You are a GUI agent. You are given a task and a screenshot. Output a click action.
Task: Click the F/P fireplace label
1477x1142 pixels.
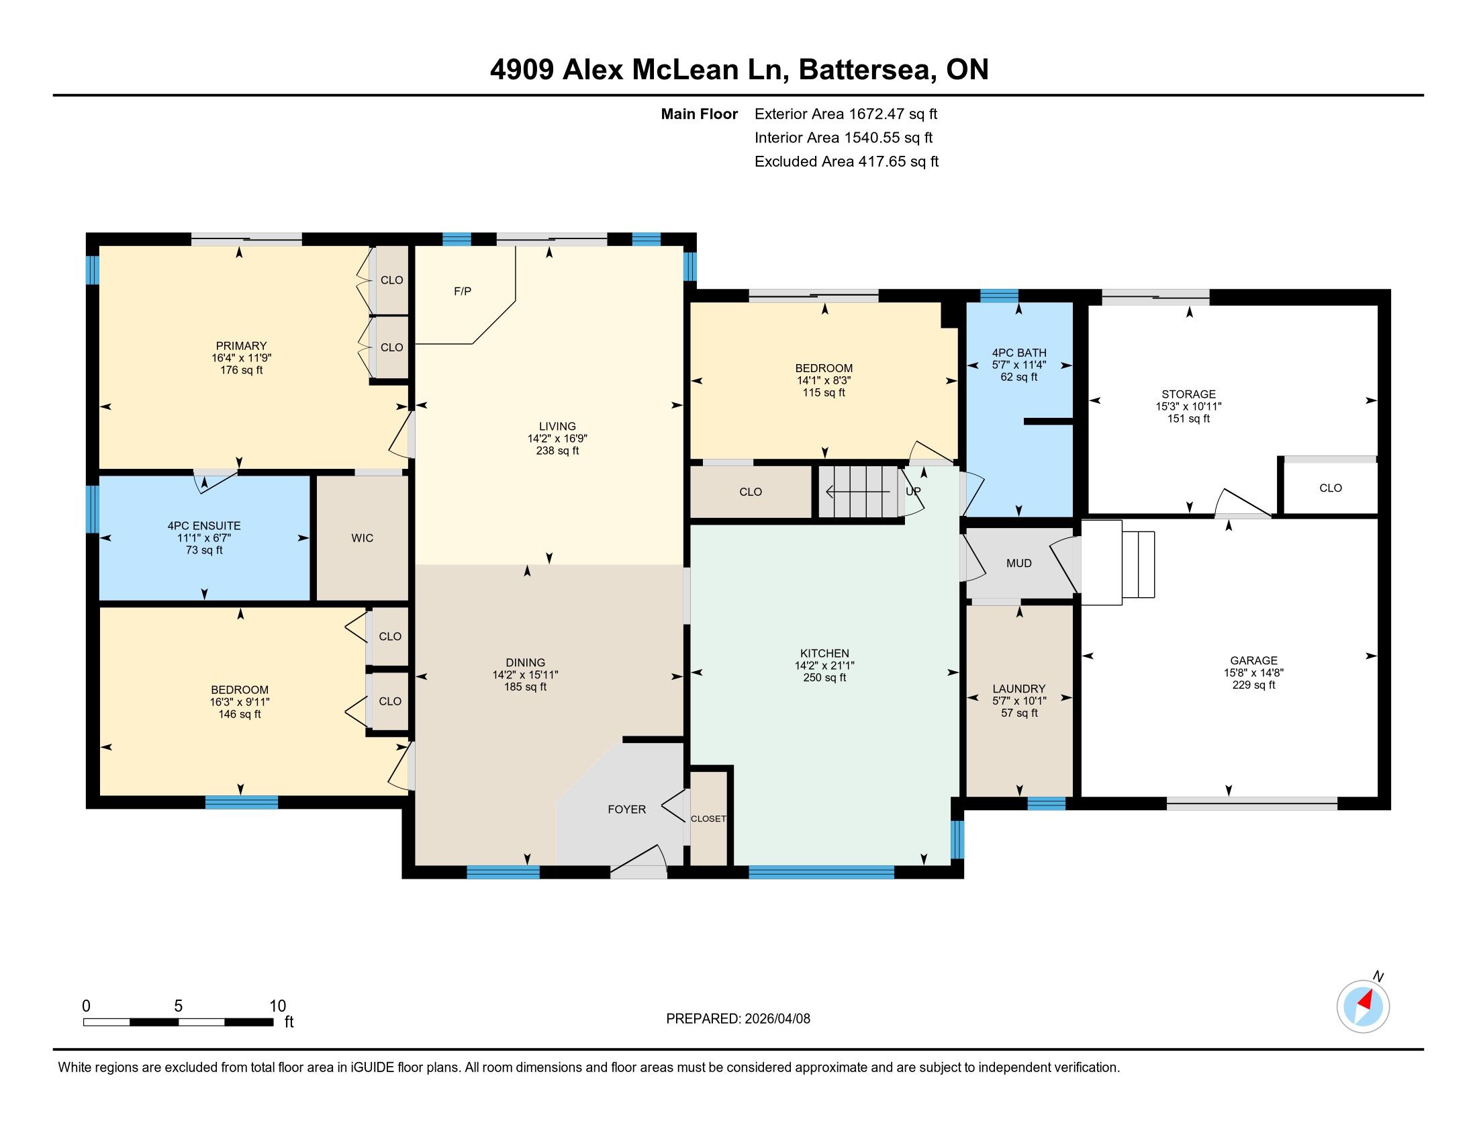pos(463,292)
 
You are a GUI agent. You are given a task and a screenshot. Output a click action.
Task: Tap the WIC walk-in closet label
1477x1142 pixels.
pos(363,538)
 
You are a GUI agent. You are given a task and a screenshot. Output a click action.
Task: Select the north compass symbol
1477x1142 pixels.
pos(1363,1006)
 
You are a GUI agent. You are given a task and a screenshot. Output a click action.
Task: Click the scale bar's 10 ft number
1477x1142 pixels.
pos(278,1006)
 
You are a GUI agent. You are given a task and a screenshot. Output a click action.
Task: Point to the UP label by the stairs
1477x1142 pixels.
pos(913,491)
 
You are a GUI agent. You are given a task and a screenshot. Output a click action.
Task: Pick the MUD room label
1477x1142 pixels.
pos(1019,563)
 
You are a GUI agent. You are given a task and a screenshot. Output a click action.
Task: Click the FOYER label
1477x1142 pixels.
pos(627,809)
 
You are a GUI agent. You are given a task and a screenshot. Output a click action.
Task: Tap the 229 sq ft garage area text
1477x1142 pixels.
pos(1254,685)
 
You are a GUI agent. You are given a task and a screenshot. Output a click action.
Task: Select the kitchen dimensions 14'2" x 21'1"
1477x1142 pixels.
pos(824,666)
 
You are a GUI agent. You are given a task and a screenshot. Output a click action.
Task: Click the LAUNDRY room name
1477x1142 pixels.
pos(1019,689)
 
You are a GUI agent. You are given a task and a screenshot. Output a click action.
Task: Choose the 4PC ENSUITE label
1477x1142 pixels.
pos(204,526)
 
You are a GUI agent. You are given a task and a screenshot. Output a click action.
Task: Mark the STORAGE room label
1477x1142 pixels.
pos(1189,394)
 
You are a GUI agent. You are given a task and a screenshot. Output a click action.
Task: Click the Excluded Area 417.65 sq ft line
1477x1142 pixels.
pos(847,162)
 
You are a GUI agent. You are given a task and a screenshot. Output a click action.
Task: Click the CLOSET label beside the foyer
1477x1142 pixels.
pos(708,819)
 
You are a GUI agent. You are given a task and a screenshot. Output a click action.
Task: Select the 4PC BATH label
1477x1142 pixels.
pos(1019,353)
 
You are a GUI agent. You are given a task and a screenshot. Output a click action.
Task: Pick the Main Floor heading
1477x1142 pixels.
pos(700,114)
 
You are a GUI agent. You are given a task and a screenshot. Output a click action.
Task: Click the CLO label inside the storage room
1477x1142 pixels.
pos(1330,488)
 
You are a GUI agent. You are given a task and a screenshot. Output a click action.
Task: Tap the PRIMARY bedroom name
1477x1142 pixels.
pos(242,346)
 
